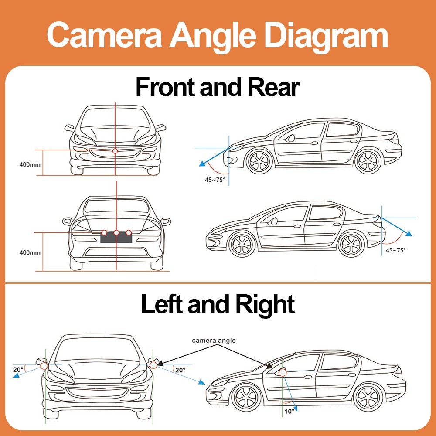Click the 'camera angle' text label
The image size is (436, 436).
[214, 341]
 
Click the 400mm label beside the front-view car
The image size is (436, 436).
[30, 165]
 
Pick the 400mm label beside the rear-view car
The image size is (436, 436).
[30, 252]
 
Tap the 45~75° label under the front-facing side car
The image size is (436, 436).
[215, 180]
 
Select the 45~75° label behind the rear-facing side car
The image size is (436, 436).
[395, 250]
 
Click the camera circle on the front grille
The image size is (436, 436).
[115, 151]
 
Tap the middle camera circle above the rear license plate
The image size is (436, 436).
[116, 232]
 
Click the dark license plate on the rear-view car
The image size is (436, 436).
[116, 238]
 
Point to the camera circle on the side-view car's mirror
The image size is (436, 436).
[282, 372]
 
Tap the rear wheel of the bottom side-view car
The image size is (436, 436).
[369, 397]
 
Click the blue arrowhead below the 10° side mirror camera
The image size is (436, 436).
[295, 409]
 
